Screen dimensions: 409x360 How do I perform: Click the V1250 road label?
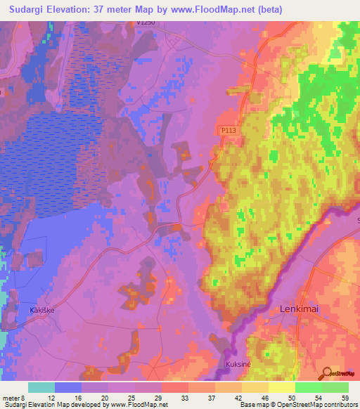[x=146, y=22]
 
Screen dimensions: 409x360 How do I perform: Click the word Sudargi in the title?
[x=28, y=8]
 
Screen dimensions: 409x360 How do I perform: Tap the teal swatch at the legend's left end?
[x=41, y=387]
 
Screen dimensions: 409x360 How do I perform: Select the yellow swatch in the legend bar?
[x=281, y=387]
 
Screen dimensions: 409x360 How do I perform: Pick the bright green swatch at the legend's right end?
[x=335, y=387]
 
